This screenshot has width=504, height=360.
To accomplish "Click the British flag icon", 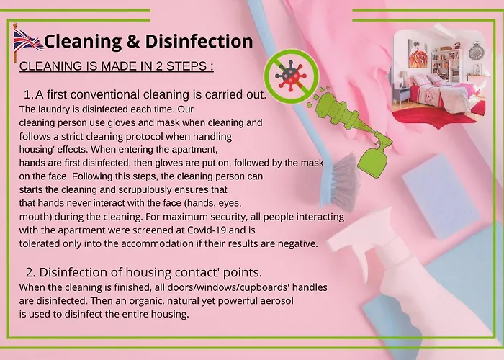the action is (27, 42).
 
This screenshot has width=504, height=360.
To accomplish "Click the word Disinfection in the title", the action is (199, 42).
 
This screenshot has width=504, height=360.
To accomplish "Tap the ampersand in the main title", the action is (133, 42).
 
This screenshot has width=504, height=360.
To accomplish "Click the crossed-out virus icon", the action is (291, 76).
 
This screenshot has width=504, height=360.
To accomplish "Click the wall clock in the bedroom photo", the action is (475, 51).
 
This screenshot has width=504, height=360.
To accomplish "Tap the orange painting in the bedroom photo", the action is (418, 54).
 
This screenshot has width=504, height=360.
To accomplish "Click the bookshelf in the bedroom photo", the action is (446, 65).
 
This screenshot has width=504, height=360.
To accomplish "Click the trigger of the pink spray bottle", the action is (361, 263).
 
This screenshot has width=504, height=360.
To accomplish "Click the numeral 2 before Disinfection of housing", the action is (30, 273).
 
